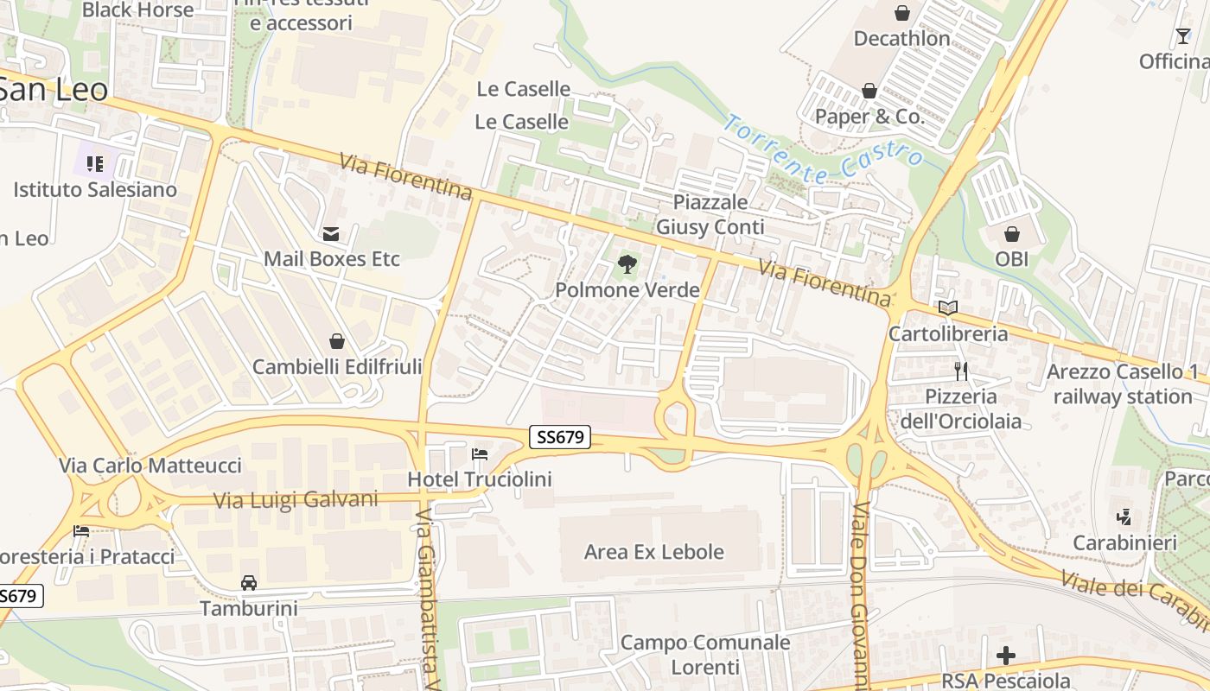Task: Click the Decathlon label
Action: click(901, 39)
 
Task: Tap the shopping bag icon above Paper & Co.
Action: click(869, 92)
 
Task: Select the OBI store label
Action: click(1011, 259)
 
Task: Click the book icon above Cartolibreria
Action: click(948, 308)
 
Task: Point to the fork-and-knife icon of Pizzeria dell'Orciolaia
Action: click(961, 371)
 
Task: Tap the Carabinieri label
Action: click(1124, 543)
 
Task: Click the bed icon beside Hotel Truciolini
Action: click(480, 454)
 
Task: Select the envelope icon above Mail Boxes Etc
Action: click(331, 233)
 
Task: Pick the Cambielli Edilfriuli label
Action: click(337, 367)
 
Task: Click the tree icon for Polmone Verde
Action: click(627, 264)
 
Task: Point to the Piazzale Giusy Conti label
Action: click(710, 215)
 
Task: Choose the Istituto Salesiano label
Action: click(95, 190)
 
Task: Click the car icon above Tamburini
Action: click(249, 583)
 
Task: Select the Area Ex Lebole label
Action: click(654, 552)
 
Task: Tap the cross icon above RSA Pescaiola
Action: click(1006, 656)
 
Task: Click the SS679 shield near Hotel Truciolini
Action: click(560, 437)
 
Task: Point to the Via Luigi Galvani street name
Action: click(296, 500)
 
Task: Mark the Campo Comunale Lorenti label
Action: click(705, 655)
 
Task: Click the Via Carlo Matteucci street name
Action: click(150, 466)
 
